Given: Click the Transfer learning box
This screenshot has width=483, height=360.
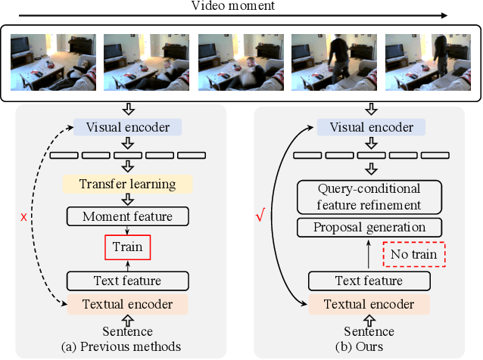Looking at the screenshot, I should coord(129,185).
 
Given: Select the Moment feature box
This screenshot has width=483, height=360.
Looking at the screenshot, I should coord(129,216).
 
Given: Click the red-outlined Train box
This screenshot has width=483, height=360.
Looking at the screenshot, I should coord(129,247).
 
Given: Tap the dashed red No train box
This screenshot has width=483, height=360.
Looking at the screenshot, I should coord(413,254).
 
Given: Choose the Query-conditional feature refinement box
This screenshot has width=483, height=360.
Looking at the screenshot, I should coord(369,196).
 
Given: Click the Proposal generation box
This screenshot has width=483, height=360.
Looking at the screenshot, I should coord(369,227).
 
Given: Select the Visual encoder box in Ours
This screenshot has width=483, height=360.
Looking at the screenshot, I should coord(369,126).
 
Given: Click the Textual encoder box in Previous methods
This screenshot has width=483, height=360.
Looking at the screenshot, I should coord(129,305).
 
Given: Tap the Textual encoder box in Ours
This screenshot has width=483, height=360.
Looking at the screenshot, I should coord(369,305).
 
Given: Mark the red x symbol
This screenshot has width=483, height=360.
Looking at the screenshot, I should coord(24,216).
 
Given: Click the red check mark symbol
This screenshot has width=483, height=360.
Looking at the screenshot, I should coord(260,216).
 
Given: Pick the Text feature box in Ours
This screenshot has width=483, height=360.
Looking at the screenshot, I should coord(369,281).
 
